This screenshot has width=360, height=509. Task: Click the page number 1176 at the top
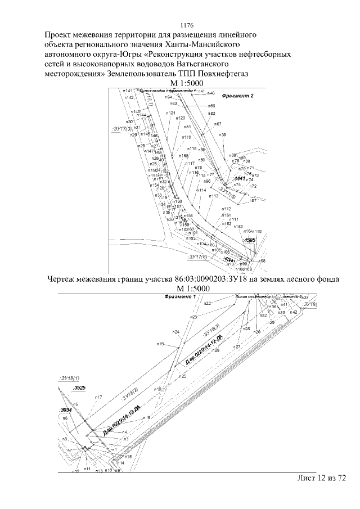(x=186, y=25)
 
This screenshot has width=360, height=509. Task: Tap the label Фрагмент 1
(x=178, y=296)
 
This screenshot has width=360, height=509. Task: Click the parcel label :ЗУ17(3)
(x=116, y=129)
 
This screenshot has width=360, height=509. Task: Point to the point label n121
(x=170, y=113)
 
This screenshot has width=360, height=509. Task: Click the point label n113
(x=214, y=196)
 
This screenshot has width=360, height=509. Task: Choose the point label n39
(x=223, y=135)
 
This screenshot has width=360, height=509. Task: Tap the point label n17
(x=98, y=397)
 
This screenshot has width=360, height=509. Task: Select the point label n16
(x=160, y=344)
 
